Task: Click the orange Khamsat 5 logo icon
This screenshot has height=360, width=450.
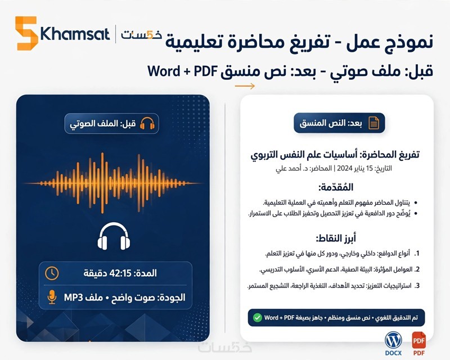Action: pos(26,33)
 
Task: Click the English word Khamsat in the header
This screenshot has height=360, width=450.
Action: pos(75,34)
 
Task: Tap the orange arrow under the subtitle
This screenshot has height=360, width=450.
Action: pos(245,86)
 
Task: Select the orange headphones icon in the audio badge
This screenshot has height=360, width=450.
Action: pos(147,123)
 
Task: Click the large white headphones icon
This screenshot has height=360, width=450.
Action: pos(114,236)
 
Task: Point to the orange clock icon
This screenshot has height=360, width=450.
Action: pos(52,273)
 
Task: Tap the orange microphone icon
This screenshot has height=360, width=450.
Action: pos(52,297)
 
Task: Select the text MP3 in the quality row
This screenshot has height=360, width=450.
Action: pos(73,298)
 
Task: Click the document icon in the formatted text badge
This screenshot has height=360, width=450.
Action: pos(373,123)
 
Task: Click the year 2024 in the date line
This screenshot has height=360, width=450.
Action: pos(344,168)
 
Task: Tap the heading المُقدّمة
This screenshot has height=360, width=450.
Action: pos(336,187)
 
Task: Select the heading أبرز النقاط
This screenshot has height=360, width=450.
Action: pos(336,238)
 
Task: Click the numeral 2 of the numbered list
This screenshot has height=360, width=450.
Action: pos(417,269)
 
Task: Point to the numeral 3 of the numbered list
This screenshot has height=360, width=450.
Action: pos(417,286)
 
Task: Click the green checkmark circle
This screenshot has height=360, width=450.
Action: pos(258,317)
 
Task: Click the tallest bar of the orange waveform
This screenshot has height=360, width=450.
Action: pos(102,183)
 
